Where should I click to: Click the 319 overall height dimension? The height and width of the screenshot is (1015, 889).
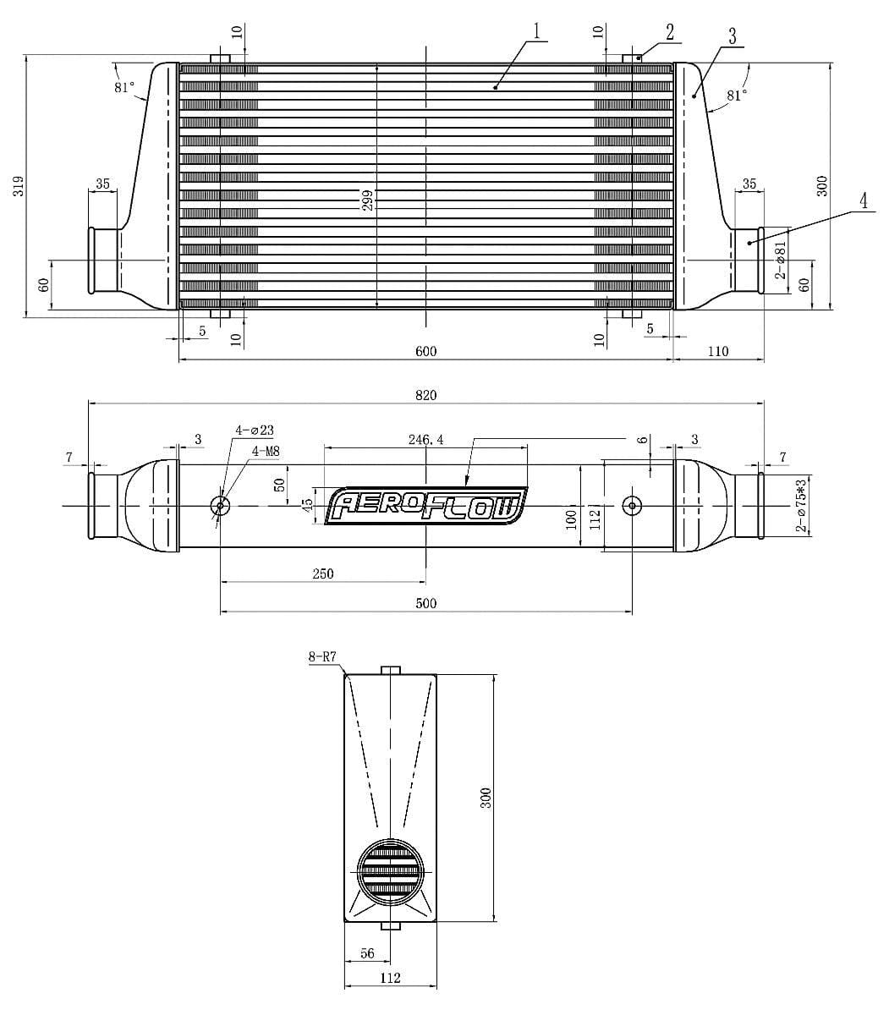pos(18,187)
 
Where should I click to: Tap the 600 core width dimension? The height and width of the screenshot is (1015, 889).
pos(426,351)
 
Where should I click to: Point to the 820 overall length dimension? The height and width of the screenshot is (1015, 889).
pos(426,395)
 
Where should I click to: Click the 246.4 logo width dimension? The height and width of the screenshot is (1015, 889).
pos(425,440)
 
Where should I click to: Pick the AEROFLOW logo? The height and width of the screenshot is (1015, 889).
pos(426,506)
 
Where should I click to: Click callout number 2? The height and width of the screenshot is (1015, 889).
pos(670,33)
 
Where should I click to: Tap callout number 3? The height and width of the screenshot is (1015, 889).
pos(732,36)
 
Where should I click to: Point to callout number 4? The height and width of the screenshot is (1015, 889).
pos(863,201)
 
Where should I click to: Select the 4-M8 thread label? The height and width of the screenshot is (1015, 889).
pos(266,452)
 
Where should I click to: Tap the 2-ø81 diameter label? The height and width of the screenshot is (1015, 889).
pos(781,259)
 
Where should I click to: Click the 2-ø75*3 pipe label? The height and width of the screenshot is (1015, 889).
pos(800,505)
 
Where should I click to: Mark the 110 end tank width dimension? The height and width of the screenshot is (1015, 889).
pos(717,351)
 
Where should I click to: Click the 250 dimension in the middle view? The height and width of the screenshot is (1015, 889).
pos(322,573)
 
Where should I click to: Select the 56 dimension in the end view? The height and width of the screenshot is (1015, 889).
pos(367,953)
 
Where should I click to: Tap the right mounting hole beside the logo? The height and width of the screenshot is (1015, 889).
pos(632,506)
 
